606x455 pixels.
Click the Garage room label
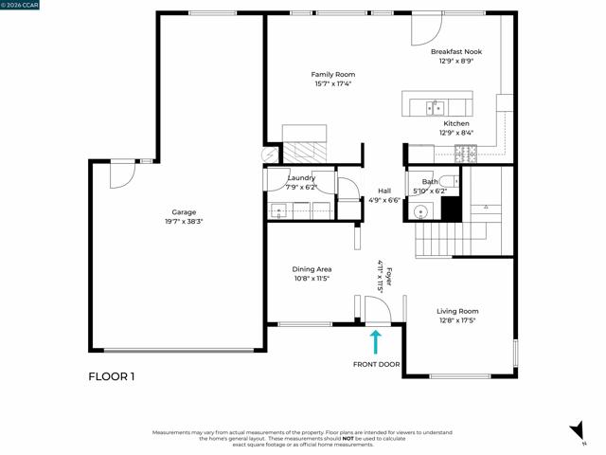point(184,212)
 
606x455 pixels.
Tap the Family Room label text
point(333,75)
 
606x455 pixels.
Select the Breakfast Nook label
point(456,52)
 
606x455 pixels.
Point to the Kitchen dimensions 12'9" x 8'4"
point(456,133)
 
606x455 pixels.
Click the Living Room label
point(457,311)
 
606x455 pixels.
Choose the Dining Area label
point(312,269)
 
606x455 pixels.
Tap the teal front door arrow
point(376,342)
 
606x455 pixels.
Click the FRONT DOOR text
point(377,364)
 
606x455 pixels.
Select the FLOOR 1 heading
point(112,376)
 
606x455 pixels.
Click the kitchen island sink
point(436,108)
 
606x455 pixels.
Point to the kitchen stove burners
point(466,154)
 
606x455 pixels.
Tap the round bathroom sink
point(419,212)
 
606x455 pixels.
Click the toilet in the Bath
point(450,181)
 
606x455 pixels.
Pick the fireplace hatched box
point(305,153)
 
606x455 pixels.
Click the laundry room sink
point(278,211)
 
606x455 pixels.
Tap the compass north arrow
point(578,430)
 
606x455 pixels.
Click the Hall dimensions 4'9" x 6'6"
point(384,200)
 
